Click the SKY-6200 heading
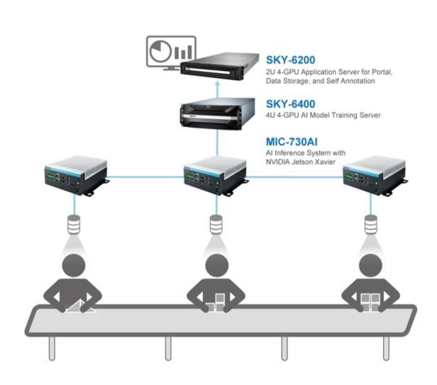[290, 60]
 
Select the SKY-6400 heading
[290, 104]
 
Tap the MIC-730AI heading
[292, 142]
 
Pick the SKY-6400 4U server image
[218, 113]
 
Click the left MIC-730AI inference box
[77, 175]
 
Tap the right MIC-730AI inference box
[375, 175]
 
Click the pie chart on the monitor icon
[160, 52]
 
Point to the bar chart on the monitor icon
[183, 52]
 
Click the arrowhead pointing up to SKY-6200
[218, 83]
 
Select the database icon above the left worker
[74, 224]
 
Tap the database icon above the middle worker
[216, 224]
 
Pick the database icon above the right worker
[370, 224]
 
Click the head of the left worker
[73, 265]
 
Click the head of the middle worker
[217, 265]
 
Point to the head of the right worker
[370, 265]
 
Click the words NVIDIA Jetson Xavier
[301, 162]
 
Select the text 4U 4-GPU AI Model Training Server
[323, 115]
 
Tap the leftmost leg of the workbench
[52, 348]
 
